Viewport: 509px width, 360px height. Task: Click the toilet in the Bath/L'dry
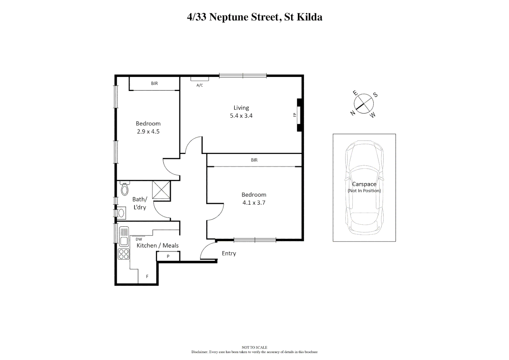(125, 189)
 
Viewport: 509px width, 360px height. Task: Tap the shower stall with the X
(161, 190)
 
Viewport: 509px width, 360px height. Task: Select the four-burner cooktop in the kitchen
(124, 254)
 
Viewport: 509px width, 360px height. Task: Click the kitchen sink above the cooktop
(124, 236)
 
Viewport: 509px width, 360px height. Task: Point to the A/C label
(200, 85)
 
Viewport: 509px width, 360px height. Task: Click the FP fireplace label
(294, 115)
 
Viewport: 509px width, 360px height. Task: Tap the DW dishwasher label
(139, 239)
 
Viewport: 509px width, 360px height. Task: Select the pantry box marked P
(168, 256)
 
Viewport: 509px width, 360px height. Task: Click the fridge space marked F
(147, 276)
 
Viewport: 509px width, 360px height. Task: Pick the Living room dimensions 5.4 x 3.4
(241, 116)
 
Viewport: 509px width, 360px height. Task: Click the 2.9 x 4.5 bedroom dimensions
(148, 132)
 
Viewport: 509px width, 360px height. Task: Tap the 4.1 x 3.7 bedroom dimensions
(254, 203)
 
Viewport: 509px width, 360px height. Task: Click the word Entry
(229, 253)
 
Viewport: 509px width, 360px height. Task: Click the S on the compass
(375, 95)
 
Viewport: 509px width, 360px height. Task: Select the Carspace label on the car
(364, 184)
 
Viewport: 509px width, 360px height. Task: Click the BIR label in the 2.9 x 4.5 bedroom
(154, 83)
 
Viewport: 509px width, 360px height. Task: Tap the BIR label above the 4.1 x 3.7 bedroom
(254, 160)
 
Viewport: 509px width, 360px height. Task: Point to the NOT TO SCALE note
(254, 347)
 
